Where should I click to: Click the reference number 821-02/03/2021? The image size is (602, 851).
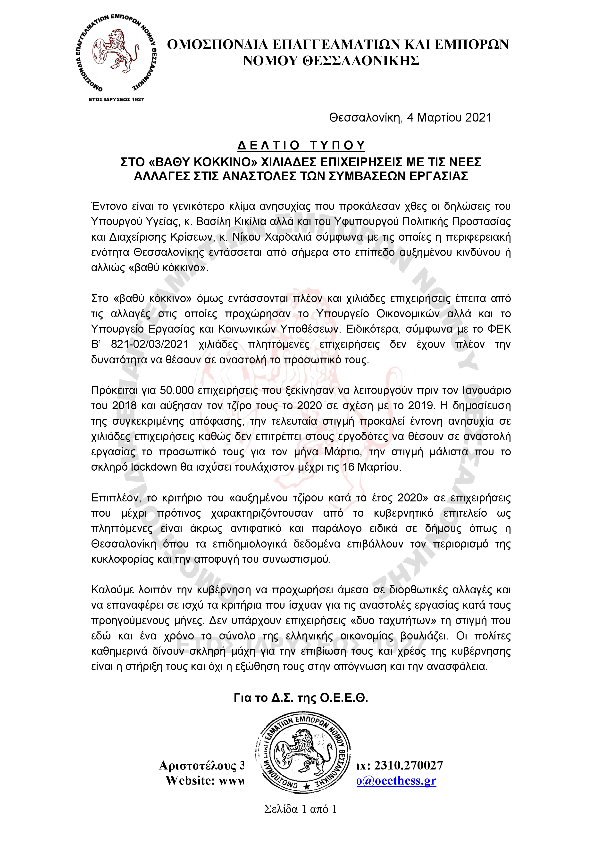(150, 344)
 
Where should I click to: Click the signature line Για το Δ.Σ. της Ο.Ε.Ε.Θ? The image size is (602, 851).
(301, 698)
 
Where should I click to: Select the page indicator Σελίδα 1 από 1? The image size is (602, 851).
(301, 809)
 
